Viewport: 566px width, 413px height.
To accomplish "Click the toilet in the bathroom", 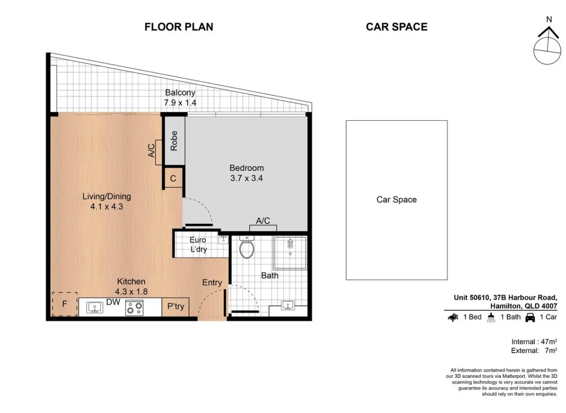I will [x=246, y=249].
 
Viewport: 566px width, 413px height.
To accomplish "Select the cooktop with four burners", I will [x=134, y=308].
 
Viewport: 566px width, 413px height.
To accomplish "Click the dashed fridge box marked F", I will [x=64, y=304].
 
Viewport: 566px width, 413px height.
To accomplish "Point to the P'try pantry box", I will [x=175, y=307].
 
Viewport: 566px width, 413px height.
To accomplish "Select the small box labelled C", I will [x=173, y=178].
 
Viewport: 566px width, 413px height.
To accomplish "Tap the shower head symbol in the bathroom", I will [x=290, y=242].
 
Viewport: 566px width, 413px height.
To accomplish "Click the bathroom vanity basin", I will [x=287, y=305].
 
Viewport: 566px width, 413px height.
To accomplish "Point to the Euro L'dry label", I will [x=198, y=245].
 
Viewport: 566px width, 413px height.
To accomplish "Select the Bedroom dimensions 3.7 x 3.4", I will [x=246, y=178].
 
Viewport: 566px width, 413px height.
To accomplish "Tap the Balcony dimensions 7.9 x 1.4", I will [x=180, y=103].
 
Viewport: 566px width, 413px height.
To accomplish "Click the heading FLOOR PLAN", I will [x=179, y=27].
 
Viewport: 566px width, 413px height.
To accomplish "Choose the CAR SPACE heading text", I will [x=396, y=27].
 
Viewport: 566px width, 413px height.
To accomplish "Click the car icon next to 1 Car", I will [x=529, y=317].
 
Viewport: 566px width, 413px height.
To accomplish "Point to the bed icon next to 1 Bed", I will [x=453, y=317].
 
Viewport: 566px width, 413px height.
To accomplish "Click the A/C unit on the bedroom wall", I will [x=263, y=228].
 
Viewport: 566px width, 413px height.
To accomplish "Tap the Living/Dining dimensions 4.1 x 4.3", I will [x=106, y=206].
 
